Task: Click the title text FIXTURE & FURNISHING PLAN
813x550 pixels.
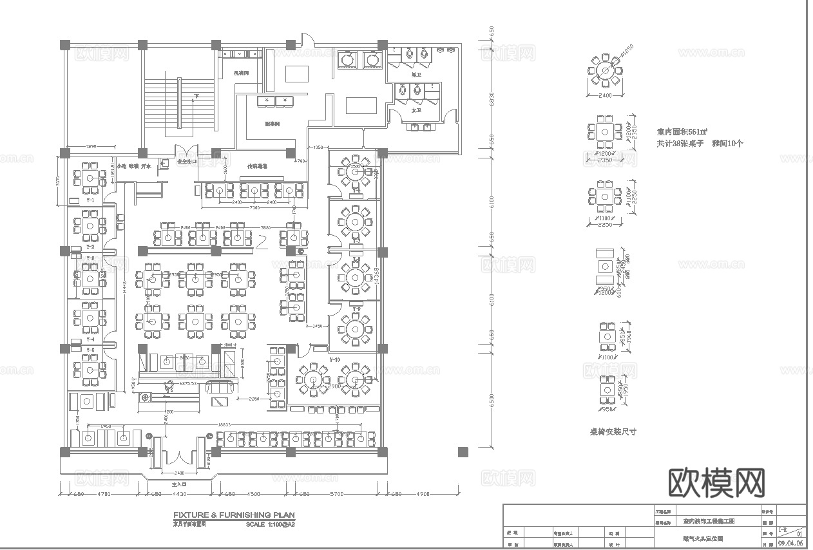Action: point(234,515)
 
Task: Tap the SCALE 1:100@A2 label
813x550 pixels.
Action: point(270,524)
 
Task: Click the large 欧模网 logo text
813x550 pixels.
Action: point(717,482)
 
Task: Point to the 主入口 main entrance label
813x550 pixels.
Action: point(178,483)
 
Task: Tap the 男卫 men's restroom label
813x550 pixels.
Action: point(417,75)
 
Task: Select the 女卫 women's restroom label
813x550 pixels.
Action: point(416,110)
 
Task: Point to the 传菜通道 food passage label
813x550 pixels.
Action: point(257,166)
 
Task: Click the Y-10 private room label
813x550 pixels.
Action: point(334,359)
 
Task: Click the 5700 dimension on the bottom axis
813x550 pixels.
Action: point(338,494)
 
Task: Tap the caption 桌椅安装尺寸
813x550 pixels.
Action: point(613,431)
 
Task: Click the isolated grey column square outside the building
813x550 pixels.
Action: point(463,452)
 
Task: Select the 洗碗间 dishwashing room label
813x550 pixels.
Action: point(242,73)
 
